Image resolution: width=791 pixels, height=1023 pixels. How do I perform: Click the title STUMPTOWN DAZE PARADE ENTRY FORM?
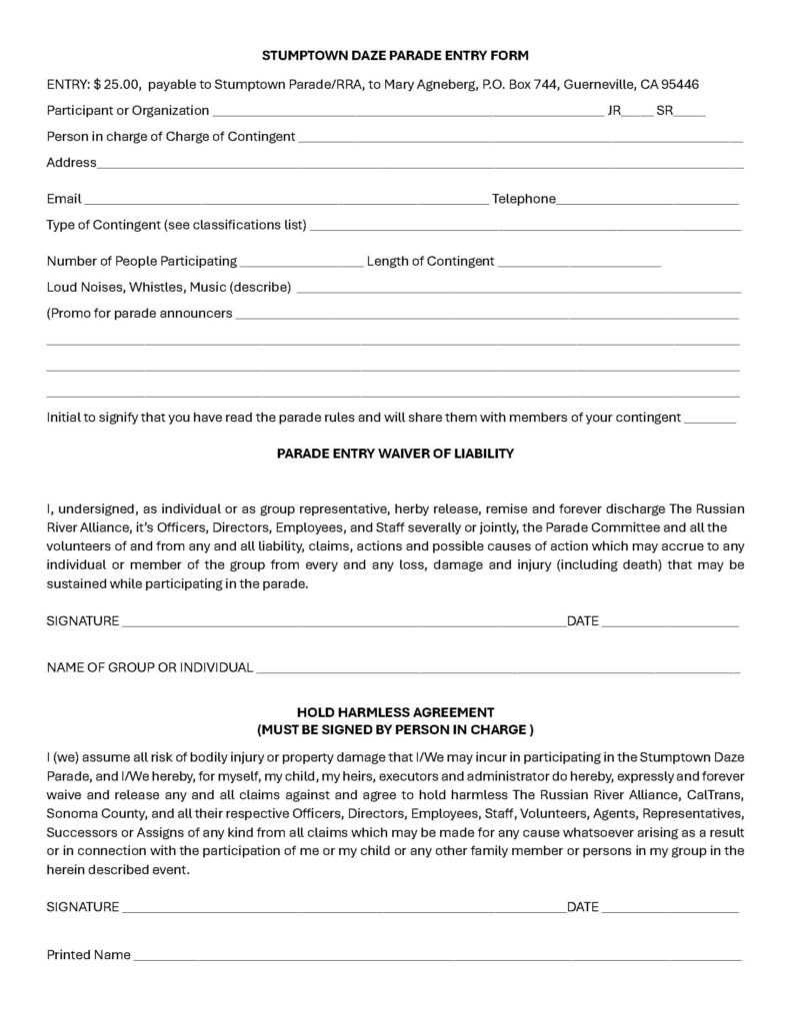click(x=394, y=55)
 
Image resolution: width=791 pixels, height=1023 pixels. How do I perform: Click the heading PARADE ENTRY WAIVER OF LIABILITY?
click(x=394, y=454)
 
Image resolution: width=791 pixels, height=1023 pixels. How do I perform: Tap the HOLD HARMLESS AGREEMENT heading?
click(x=395, y=712)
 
